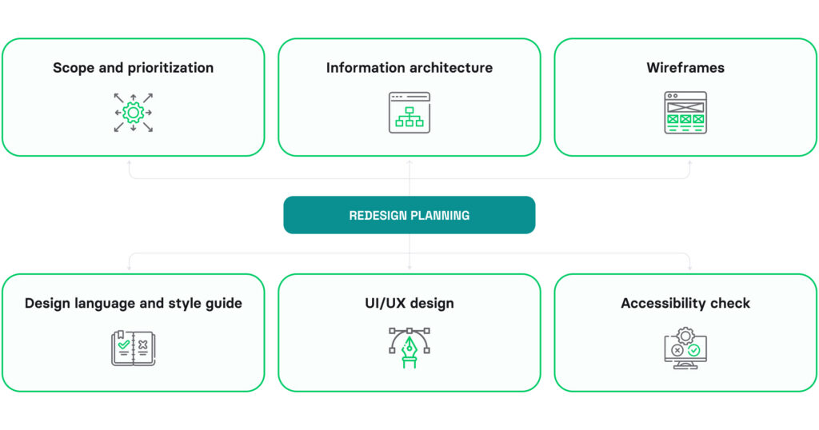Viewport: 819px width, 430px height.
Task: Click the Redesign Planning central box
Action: (409, 214)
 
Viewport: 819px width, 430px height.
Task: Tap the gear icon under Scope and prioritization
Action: (133, 113)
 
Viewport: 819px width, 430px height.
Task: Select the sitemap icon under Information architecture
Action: (409, 113)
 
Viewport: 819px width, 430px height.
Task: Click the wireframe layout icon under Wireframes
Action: (685, 113)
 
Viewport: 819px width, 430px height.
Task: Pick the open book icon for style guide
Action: (133, 348)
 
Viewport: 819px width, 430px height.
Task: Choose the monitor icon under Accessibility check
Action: (685, 349)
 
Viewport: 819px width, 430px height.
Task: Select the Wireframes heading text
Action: (685, 68)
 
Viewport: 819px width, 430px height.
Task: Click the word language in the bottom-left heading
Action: (102, 304)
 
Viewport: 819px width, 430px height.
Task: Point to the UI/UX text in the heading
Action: (387, 304)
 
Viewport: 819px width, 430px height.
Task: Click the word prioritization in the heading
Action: (167, 68)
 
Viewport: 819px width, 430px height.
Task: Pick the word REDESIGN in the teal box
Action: (379, 215)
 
